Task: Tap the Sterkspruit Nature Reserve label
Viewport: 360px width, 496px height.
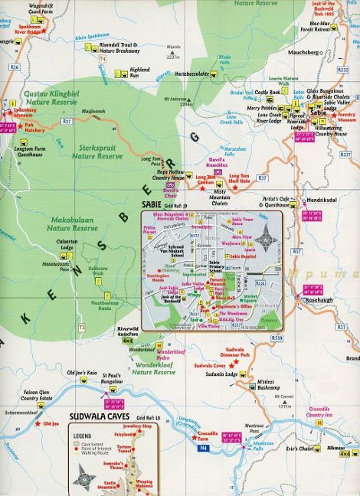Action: coord(97,152)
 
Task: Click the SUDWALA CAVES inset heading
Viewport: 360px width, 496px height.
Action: coord(100,417)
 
